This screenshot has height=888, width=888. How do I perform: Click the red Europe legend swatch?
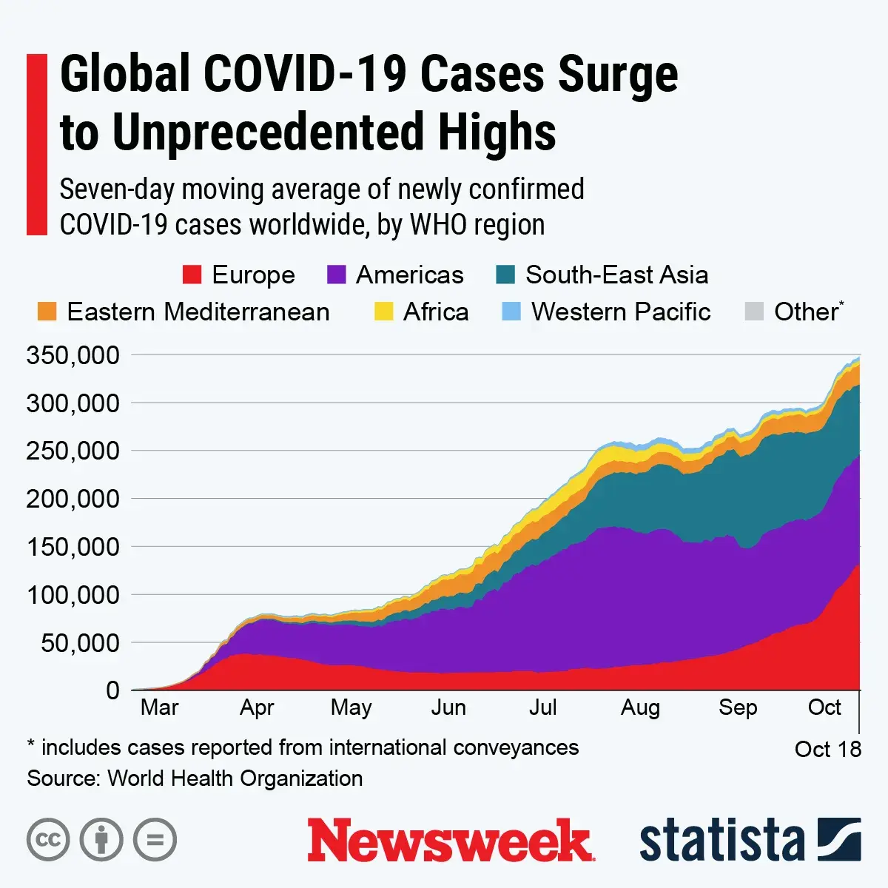tap(192, 275)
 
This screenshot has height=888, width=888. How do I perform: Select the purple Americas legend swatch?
tap(336, 275)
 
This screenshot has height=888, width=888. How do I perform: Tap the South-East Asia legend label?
tap(616, 275)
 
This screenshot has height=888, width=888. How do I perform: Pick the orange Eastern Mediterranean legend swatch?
tap(47, 312)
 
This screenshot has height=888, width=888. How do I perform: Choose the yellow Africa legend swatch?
tap(383, 312)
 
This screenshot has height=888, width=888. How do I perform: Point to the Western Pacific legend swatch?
tap(511, 312)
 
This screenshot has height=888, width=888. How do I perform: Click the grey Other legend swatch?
tap(753, 312)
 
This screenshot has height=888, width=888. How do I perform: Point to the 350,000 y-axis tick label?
tap(73, 355)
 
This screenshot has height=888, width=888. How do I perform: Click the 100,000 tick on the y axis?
tap(73, 595)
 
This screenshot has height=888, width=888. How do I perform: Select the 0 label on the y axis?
tap(112, 690)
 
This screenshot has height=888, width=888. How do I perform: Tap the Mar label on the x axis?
tap(159, 708)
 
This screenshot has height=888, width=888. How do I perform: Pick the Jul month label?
tap(542, 708)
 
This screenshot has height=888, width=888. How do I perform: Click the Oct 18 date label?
tap(827, 750)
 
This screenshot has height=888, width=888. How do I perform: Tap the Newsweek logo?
tap(450, 841)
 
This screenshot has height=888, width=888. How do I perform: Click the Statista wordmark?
tap(721, 841)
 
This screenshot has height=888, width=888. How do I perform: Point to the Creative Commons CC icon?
tap(48, 840)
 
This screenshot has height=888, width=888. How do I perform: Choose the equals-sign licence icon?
tap(155, 840)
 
